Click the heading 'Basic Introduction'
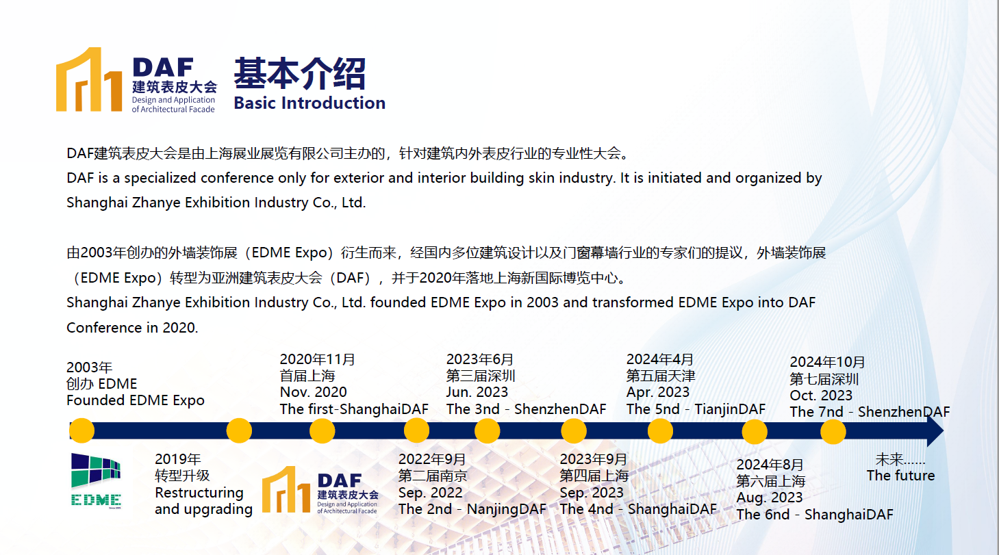pos(309,103)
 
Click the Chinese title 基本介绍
pos(300,73)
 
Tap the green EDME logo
pos(96,480)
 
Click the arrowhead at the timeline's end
pos(935,430)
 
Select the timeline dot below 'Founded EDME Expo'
pos(82,430)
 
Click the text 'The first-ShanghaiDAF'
pos(354,409)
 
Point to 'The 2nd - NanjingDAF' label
pos(472,508)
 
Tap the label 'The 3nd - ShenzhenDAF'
pos(527,409)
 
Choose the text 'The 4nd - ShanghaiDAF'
pos(638,508)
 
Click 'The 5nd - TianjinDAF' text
pos(696,409)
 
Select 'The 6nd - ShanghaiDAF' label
pos(815,515)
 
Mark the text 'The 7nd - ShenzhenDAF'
pos(870,412)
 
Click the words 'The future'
pos(900,476)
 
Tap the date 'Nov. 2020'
pos(313,392)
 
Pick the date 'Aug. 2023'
pos(770,498)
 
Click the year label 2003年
pos(89,367)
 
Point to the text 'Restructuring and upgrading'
pos(203,501)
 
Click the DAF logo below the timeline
pos(320,490)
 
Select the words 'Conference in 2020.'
pos(132,328)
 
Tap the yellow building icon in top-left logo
pos(89,79)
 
